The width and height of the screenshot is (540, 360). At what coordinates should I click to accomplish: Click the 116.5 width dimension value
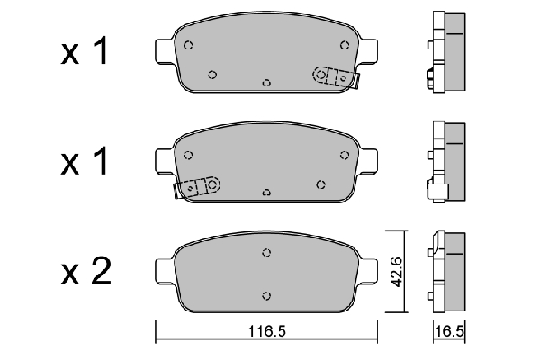point(267,331)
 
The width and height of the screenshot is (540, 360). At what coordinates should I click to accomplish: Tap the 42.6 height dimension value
point(398,273)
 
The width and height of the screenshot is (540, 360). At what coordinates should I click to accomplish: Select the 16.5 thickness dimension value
point(449,331)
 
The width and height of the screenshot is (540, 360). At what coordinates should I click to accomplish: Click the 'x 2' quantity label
point(86,272)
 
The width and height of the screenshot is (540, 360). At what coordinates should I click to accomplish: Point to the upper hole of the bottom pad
point(266,253)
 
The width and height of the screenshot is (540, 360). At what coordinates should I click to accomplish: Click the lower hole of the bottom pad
point(266,295)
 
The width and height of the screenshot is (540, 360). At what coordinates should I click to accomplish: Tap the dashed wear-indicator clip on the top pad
point(336,76)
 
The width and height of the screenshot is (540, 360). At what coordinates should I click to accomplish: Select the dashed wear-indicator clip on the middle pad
point(197,186)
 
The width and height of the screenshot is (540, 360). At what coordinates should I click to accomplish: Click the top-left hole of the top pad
point(188,45)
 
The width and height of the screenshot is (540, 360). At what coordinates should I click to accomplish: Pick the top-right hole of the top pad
point(345,45)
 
